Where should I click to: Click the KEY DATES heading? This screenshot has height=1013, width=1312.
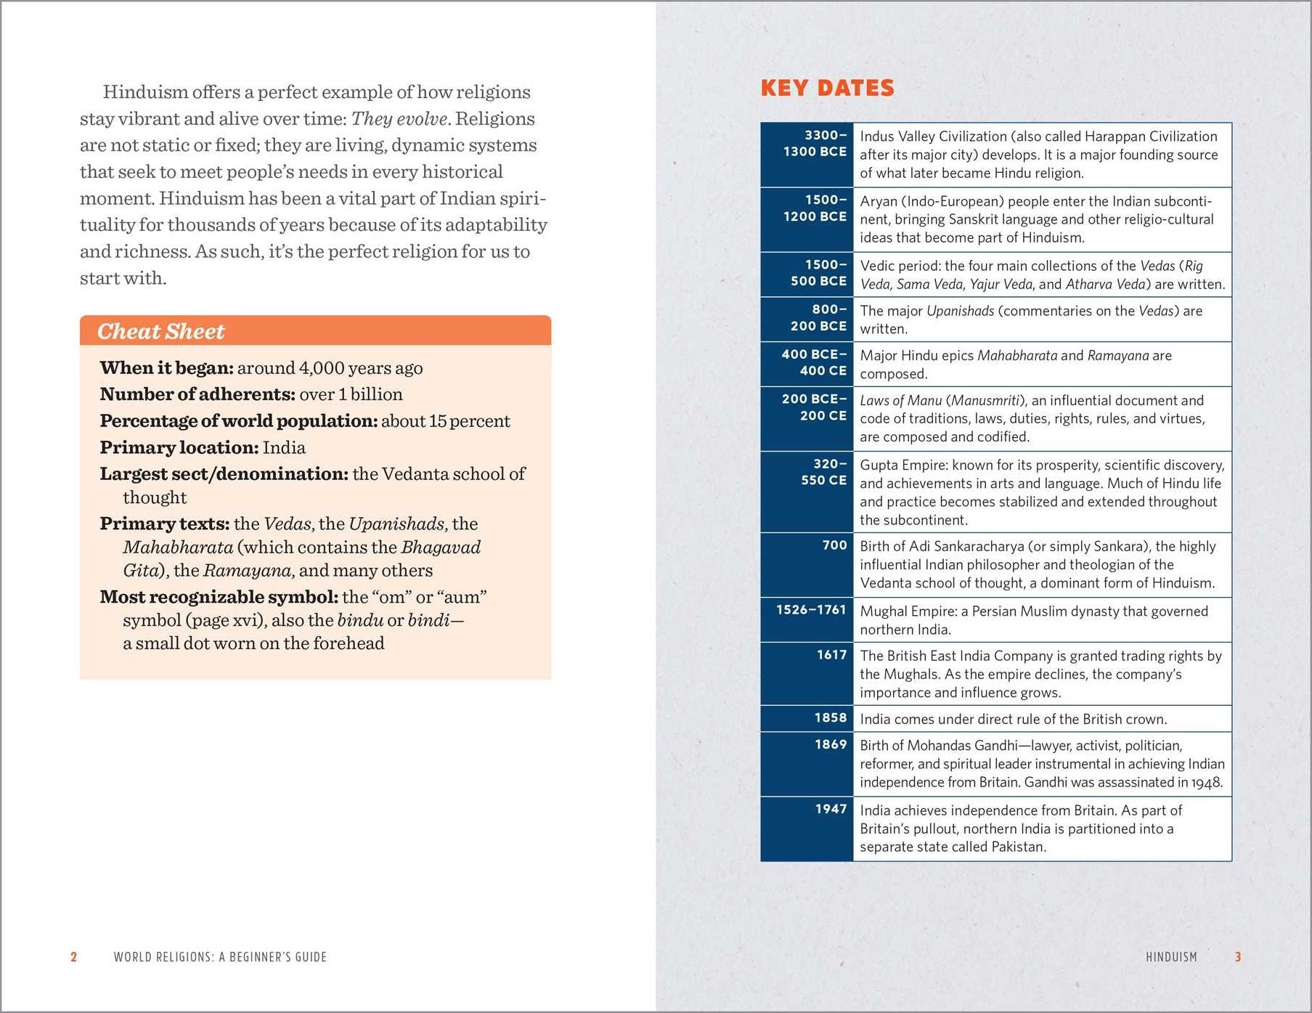[827, 88]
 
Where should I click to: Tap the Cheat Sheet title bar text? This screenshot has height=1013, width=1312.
[161, 331]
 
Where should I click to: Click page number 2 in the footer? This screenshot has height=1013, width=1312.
[73, 957]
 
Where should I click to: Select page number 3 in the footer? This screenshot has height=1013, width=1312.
[1238, 957]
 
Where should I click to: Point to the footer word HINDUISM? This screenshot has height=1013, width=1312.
[1171, 957]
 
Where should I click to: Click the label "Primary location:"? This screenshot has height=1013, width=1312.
[179, 447]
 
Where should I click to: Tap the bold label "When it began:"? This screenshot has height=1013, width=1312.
[166, 367]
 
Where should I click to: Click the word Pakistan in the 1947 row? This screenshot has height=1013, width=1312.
[1018, 847]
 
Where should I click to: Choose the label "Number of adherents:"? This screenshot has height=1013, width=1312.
[197, 394]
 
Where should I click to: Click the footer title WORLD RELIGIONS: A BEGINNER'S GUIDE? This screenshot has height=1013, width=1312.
[220, 957]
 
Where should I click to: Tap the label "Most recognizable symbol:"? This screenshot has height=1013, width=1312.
[219, 597]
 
